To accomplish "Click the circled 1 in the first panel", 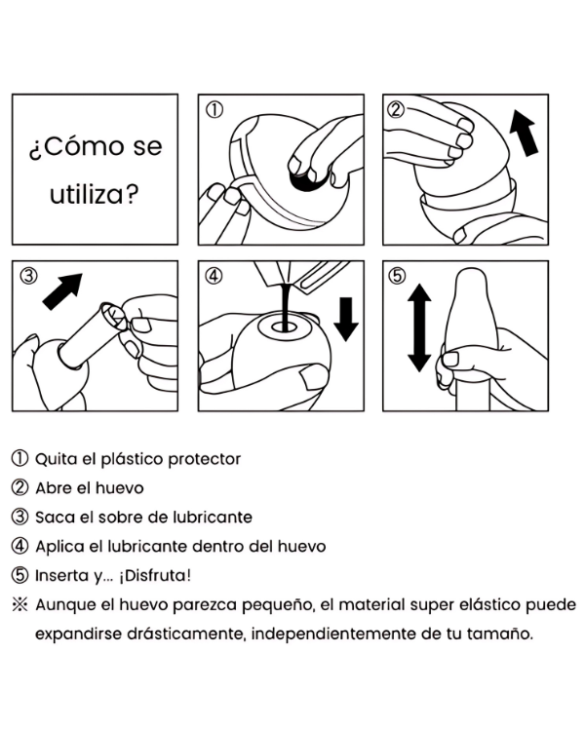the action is (214, 110).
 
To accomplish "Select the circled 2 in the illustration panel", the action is (396, 110).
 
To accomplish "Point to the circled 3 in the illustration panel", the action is (28, 276).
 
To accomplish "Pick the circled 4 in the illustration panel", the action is (214, 276).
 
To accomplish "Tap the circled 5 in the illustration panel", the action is (397, 276).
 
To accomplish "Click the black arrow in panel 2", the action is (525, 133).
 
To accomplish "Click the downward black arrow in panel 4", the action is (346, 320).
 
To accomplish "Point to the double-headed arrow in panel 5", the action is (419, 327).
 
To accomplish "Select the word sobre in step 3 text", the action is (121, 518).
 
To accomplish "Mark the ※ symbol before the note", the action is (19, 605).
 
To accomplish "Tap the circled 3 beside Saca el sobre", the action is (19, 517).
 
